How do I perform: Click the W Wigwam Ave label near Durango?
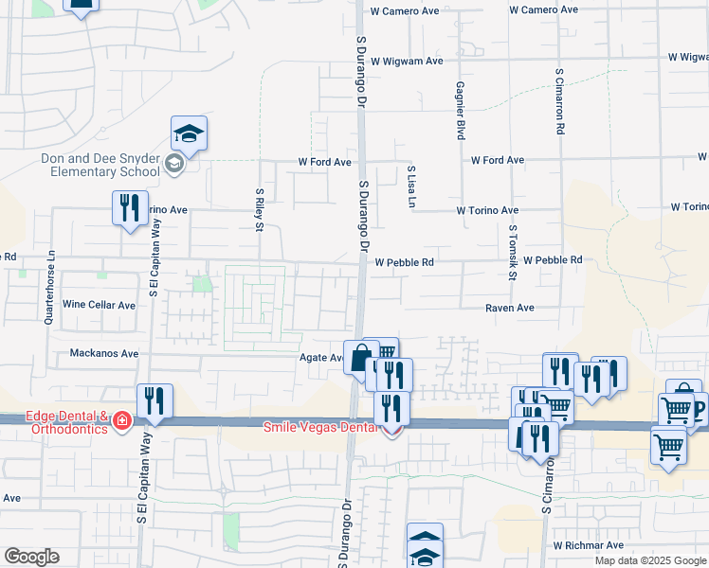pos(408,62)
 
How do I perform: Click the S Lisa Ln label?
pos(410,186)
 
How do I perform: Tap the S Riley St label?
pos(259,209)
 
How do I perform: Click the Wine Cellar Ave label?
pos(100,305)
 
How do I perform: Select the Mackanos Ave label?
pos(104,354)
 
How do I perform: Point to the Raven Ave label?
pos(510,309)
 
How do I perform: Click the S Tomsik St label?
pos(511,253)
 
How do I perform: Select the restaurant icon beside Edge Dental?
pos(153,401)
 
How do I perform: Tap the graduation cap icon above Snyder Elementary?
pos(189,133)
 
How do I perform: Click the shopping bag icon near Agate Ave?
pos(360,359)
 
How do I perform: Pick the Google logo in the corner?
pos(31,557)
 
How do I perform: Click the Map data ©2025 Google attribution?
pos(650,560)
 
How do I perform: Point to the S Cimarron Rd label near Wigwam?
pos(560,99)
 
